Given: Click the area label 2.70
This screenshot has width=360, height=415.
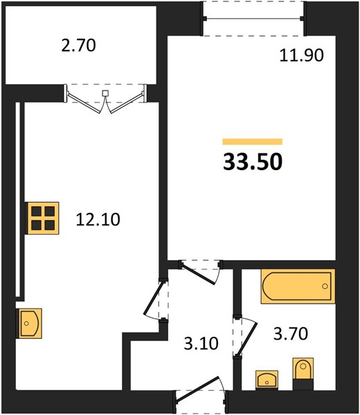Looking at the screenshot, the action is [78, 45].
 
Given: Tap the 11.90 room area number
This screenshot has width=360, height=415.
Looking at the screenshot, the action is [301, 55].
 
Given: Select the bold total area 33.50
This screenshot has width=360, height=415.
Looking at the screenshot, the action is [253, 162].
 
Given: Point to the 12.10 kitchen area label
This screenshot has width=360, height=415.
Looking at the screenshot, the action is [98, 219].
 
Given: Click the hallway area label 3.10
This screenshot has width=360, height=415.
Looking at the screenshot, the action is [201, 344].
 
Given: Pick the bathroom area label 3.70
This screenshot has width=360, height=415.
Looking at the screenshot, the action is [291, 333].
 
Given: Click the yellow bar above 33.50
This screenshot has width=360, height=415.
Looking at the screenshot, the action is [253, 142].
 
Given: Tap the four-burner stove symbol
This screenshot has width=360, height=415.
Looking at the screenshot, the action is [42, 218].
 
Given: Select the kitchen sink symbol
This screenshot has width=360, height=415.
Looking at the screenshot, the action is [29, 323].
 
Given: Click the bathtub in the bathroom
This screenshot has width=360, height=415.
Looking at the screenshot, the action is [298, 286].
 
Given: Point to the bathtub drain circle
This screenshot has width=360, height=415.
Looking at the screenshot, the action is [325, 286].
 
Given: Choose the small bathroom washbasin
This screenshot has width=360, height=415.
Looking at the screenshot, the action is [267, 380].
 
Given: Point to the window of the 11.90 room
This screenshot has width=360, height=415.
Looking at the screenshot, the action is [254, 18].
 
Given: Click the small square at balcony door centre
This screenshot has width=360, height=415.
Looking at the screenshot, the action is [105, 93].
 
